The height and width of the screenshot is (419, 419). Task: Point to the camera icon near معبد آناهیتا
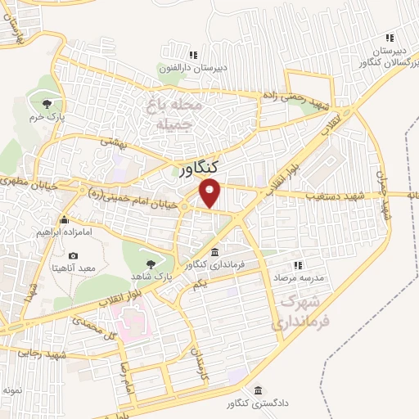pos(74,256)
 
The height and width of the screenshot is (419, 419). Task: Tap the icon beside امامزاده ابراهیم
pos(65,219)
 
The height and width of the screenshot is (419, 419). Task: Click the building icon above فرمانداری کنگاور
pos(214,252)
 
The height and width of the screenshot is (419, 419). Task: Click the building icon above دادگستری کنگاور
pos(259,390)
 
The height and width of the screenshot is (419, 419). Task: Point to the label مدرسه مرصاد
pos(299,278)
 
